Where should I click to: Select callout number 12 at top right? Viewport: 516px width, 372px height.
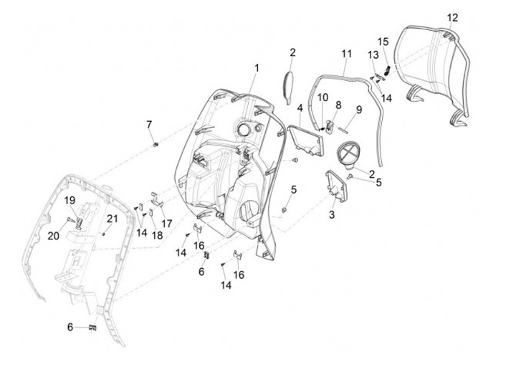451,16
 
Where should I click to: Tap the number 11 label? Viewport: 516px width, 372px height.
347,54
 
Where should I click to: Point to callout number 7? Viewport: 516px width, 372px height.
150,125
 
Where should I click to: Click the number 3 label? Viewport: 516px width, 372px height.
332,214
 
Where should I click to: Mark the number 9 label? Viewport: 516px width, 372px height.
359,109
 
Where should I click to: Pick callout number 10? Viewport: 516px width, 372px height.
322,97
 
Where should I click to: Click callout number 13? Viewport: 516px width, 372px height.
373,54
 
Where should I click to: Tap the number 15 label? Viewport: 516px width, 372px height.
383,41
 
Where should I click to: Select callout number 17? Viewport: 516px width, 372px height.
166,223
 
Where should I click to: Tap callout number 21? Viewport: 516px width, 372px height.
112,219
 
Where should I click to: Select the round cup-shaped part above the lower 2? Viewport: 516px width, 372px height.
349,156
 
